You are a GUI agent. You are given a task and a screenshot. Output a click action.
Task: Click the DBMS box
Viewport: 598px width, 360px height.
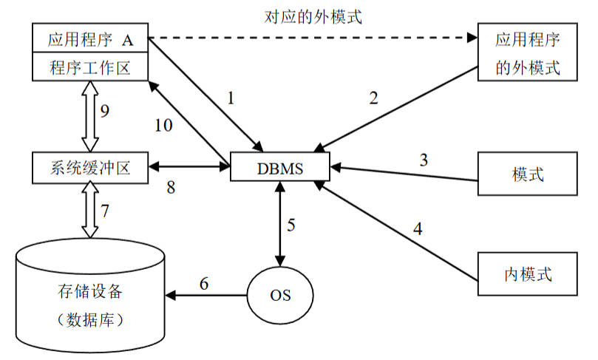point(279,167)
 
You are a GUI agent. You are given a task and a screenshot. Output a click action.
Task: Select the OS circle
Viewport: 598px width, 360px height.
point(279,295)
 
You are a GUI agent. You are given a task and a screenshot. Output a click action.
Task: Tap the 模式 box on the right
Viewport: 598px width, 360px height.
point(527,175)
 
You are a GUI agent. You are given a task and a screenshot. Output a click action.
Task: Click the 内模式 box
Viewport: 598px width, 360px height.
point(527,275)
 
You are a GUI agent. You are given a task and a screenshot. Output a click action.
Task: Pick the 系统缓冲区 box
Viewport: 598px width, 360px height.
point(90,167)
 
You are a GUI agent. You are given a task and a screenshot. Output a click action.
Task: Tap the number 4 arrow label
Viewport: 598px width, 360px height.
point(417,228)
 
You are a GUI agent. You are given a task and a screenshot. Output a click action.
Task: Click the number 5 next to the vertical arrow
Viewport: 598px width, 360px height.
point(291,225)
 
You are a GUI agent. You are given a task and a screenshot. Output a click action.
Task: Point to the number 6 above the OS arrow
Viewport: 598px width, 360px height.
point(204,282)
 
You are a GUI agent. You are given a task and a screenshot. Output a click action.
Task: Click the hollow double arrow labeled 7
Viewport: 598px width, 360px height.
point(90,211)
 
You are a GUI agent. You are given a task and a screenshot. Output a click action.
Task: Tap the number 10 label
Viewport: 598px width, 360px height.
point(163,125)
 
